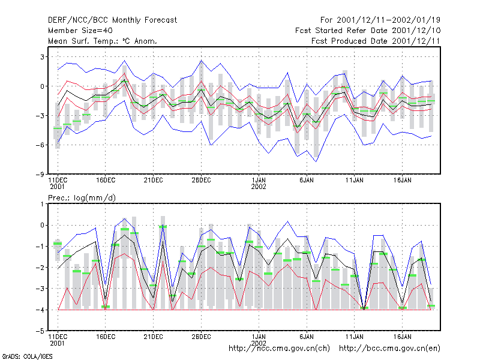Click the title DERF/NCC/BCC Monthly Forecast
pos(112,20)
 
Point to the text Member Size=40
pos(80,31)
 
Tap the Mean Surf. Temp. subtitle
pos(102,41)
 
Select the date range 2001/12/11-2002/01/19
pos(388,20)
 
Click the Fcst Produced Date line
pos(376,41)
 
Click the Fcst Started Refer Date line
pos(368,31)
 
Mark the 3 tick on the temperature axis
pos(43,57)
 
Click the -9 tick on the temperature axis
pos(40,175)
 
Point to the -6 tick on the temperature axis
pos(40,145)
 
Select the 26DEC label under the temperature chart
pos(201,181)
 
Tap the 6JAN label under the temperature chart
pos(307,181)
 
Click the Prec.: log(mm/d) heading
pos(82,198)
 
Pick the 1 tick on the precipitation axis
pos(43,204)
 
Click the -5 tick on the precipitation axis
pos(40,331)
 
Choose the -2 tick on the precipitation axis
pos(40,268)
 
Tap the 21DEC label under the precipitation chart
pos(154,337)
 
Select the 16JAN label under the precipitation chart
pos(402,337)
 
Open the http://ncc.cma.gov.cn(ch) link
pos(279,349)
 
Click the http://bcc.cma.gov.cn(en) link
pos(389,349)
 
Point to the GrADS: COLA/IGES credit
pos(27,356)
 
